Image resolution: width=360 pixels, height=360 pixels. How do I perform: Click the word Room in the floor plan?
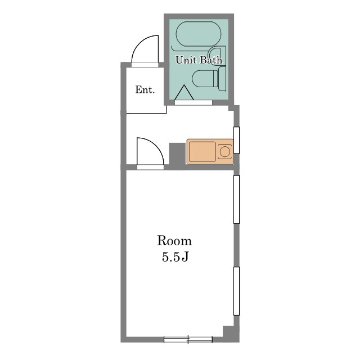point(174,241)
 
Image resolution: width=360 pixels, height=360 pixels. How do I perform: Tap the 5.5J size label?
point(175,256)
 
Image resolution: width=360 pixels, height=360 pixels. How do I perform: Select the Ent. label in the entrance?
point(145,89)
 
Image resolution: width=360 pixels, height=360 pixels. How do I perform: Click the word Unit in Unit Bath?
point(186,60)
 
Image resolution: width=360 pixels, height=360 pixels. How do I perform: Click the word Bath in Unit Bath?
point(211,60)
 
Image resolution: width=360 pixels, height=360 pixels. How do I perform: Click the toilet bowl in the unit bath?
point(205,79)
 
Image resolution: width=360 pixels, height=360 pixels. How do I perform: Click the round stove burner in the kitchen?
point(225,151)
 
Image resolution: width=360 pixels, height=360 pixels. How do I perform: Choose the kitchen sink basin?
point(202,151)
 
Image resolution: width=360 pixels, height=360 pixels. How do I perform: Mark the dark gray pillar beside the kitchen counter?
point(177,156)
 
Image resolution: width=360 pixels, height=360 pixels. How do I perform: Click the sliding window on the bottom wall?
point(188,340)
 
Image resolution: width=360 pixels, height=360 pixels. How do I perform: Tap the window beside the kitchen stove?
point(236,140)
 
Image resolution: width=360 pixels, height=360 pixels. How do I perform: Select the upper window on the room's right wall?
point(236,199)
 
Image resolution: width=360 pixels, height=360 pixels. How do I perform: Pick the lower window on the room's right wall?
point(236,291)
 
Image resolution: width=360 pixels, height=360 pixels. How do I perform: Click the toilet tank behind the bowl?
point(222,79)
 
